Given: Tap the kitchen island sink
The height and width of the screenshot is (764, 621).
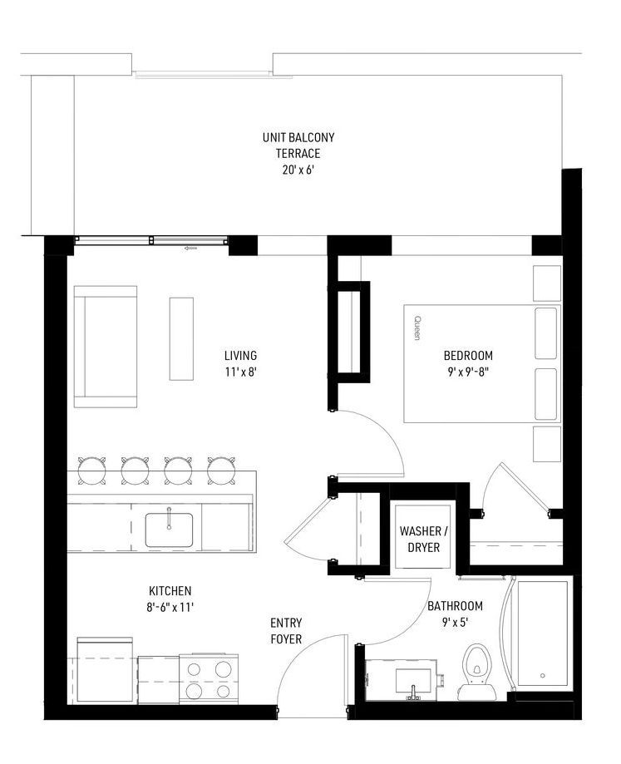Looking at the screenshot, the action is point(169,530).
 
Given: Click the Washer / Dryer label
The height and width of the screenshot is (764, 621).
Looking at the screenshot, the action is point(423,539).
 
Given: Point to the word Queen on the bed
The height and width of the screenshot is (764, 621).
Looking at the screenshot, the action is point(417,327).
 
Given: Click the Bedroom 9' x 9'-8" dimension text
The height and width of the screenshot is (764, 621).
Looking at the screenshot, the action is point(467,372).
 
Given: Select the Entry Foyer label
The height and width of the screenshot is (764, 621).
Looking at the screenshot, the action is point(286,631).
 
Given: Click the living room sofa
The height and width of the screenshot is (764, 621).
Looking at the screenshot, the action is point(106,347).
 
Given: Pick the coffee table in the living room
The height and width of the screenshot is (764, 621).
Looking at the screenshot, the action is point(181,338).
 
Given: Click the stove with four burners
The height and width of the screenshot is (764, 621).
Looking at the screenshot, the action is point(209,678).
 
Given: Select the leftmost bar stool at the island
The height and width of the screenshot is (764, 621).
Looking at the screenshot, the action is point(91,471).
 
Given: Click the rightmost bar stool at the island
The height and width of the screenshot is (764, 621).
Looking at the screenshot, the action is point(221,471).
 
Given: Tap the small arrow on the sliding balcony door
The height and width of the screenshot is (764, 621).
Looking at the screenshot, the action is point(190,248).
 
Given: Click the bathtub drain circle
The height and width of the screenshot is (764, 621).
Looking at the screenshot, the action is point(543,676).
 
